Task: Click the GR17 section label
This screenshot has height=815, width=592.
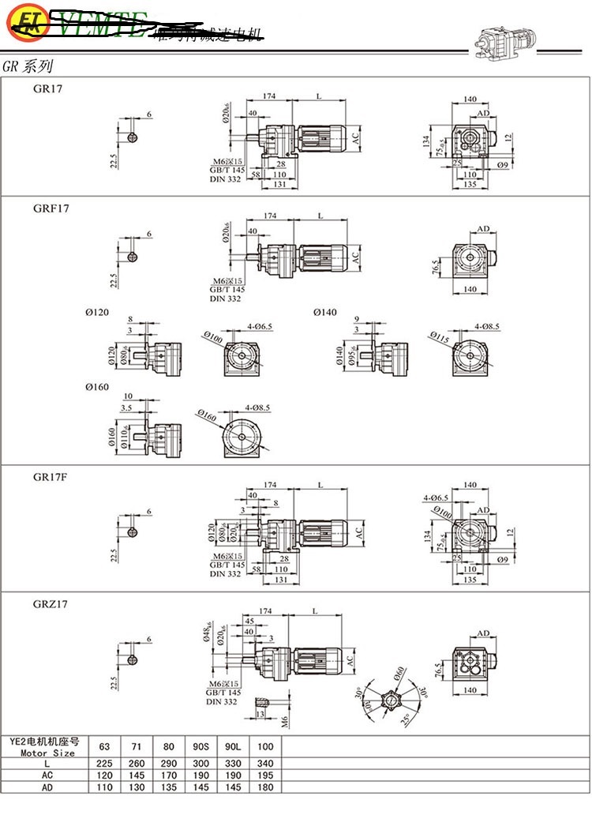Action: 47,89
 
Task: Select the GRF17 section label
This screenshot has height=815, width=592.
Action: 51,208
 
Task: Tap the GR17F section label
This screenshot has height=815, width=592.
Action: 51,477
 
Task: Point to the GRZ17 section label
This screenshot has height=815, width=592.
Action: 51,604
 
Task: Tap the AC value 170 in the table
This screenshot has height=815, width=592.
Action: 169,776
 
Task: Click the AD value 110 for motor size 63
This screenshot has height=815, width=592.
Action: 104,788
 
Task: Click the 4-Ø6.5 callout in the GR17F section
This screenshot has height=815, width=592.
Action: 436,498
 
